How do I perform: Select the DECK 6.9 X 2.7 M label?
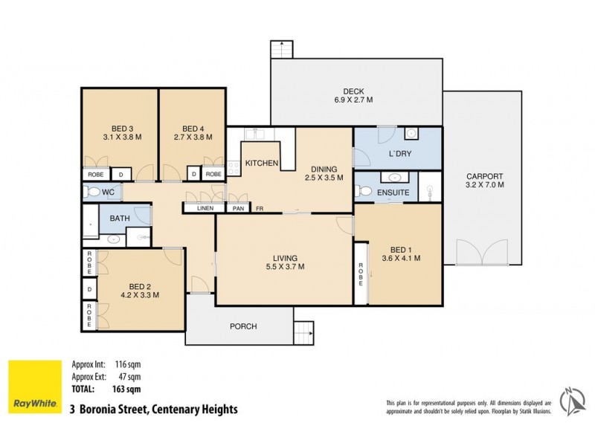tap(354, 94)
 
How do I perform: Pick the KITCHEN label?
tap(262, 164)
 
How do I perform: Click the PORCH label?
tap(243, 326)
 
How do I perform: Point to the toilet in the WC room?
tap(92, 193)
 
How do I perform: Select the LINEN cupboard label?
tap(205, 208)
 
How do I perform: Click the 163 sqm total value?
tap(127, 388)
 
